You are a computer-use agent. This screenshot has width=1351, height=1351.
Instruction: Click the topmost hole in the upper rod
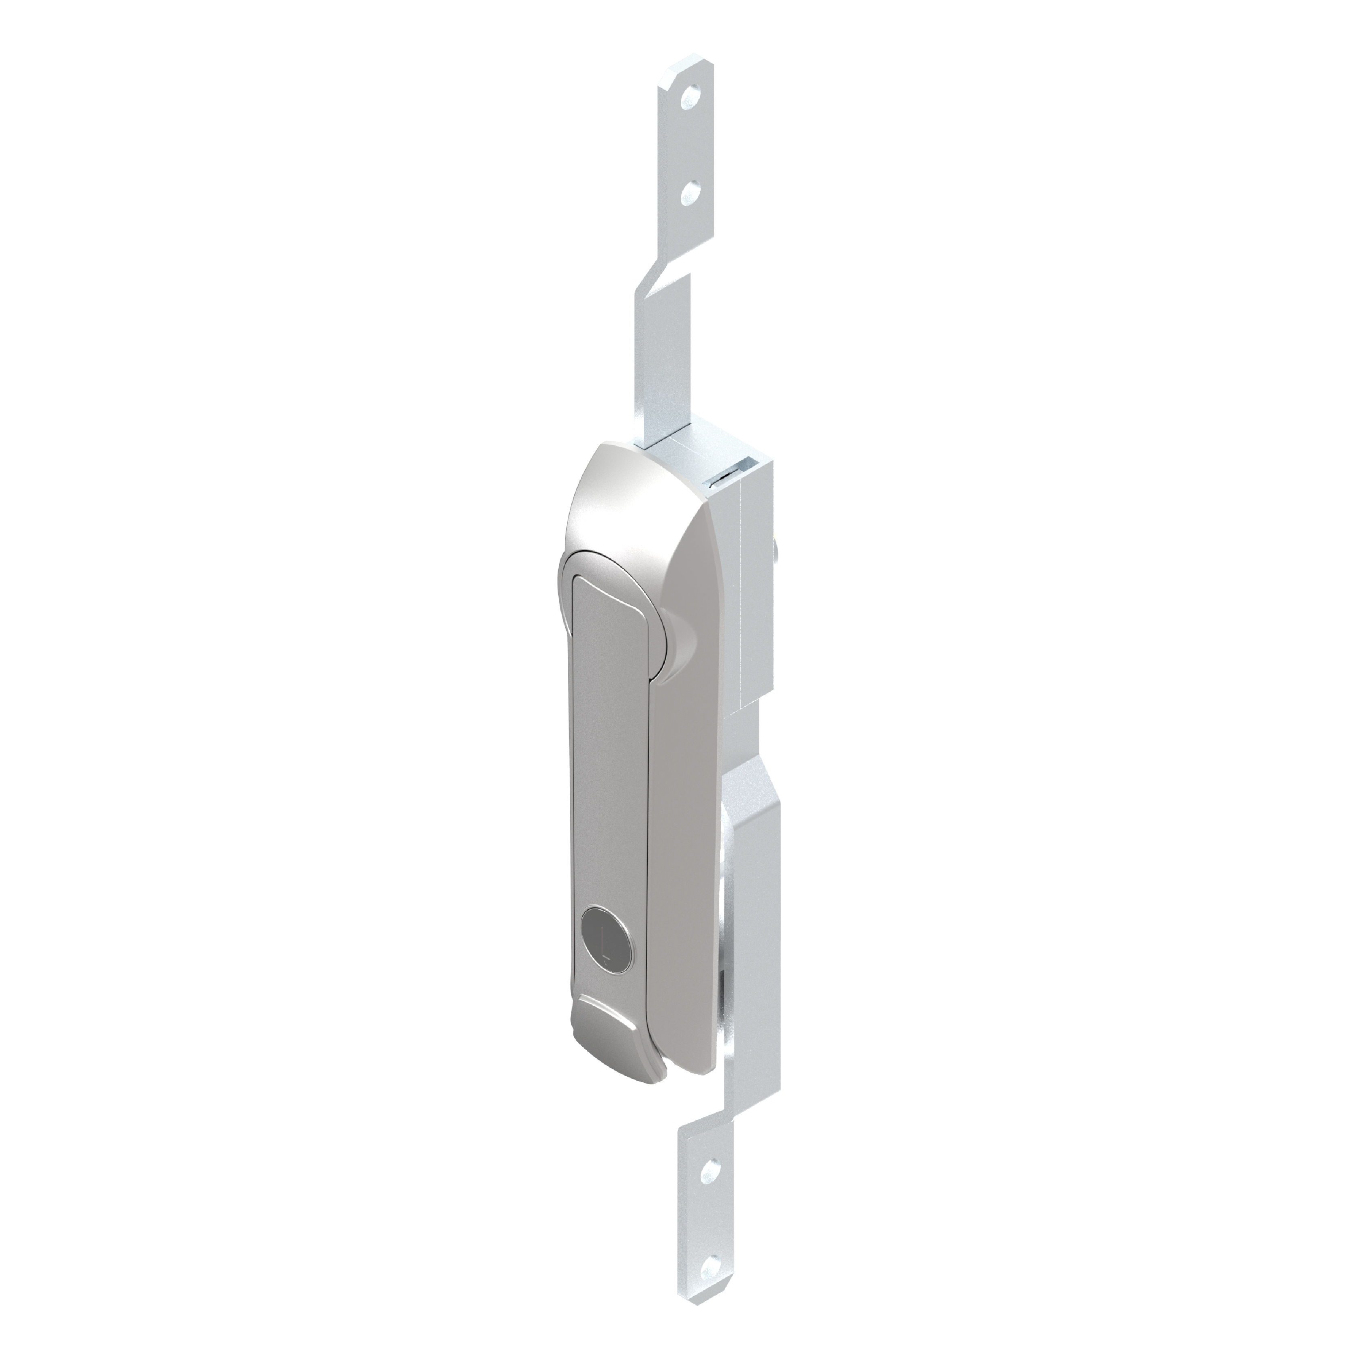point(692,93)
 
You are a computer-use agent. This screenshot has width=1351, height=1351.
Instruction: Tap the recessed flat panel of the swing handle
point(605,734)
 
